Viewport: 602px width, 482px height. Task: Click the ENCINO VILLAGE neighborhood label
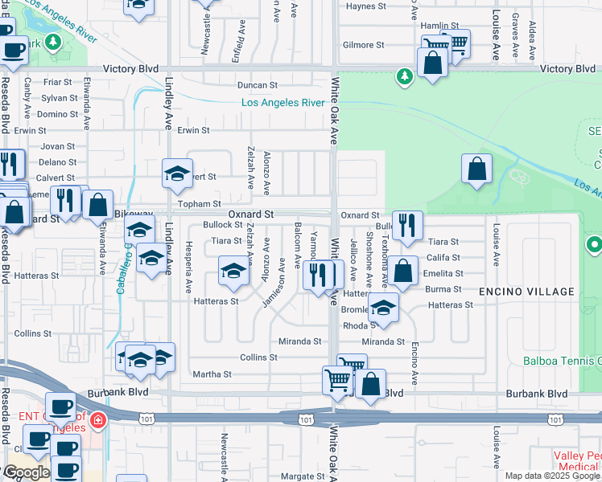527,292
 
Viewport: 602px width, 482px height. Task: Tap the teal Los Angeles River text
282,103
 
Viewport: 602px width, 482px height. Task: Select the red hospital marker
97,420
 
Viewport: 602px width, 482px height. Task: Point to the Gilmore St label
360,45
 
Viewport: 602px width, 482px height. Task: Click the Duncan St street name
257,84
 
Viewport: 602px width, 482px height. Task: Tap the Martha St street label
212,374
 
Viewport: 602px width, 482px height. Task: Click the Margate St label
302,476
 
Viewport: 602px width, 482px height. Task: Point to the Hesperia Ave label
189,267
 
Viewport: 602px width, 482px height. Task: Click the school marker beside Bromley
384,308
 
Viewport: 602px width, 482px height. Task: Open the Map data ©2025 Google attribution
552,476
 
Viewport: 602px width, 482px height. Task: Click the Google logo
27,472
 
